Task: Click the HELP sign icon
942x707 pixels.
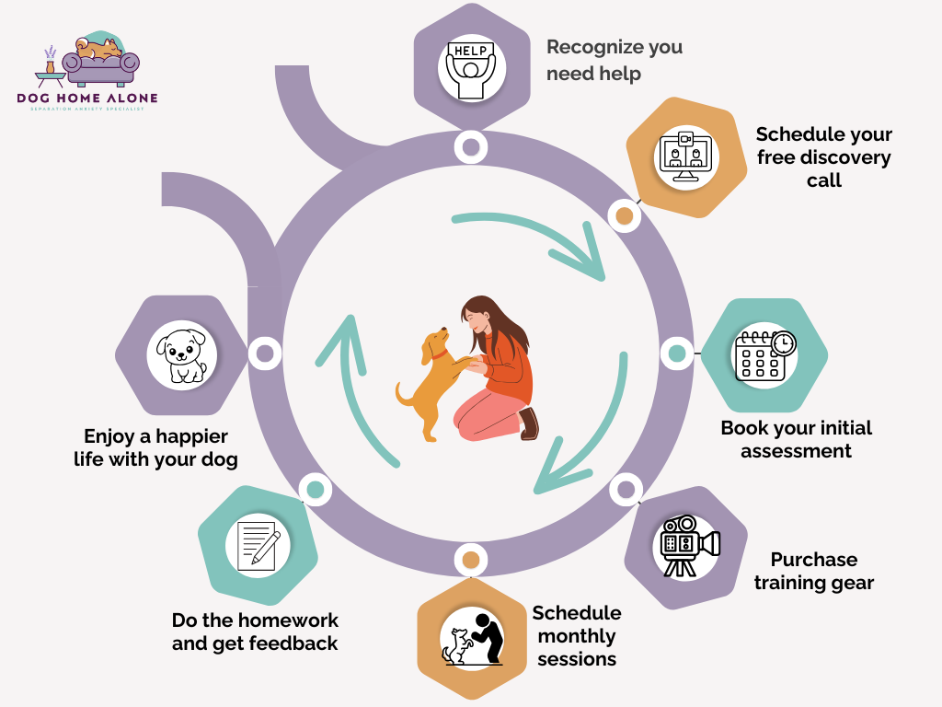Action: [x=471, y=64]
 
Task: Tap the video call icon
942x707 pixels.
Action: [x=684, y=154]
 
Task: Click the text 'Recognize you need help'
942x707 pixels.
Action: [x=615, y=60]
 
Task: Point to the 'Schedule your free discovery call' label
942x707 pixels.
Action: [x=823, y=157]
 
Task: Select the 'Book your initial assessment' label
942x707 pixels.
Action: [x=796, y=439]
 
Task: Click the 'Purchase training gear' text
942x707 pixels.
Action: [x=813, y=571]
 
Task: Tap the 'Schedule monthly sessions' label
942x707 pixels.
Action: [x=577, y=635]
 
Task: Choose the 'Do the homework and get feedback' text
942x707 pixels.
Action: [x=255, y=632]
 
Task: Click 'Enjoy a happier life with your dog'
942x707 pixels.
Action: [x=155, y=446]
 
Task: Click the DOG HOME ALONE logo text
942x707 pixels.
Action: [x=87, y=99]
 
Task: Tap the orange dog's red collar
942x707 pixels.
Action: [x=441, y=352]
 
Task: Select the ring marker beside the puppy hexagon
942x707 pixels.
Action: [x=264, y=353]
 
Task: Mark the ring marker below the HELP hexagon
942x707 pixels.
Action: [x=471, y=145]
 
